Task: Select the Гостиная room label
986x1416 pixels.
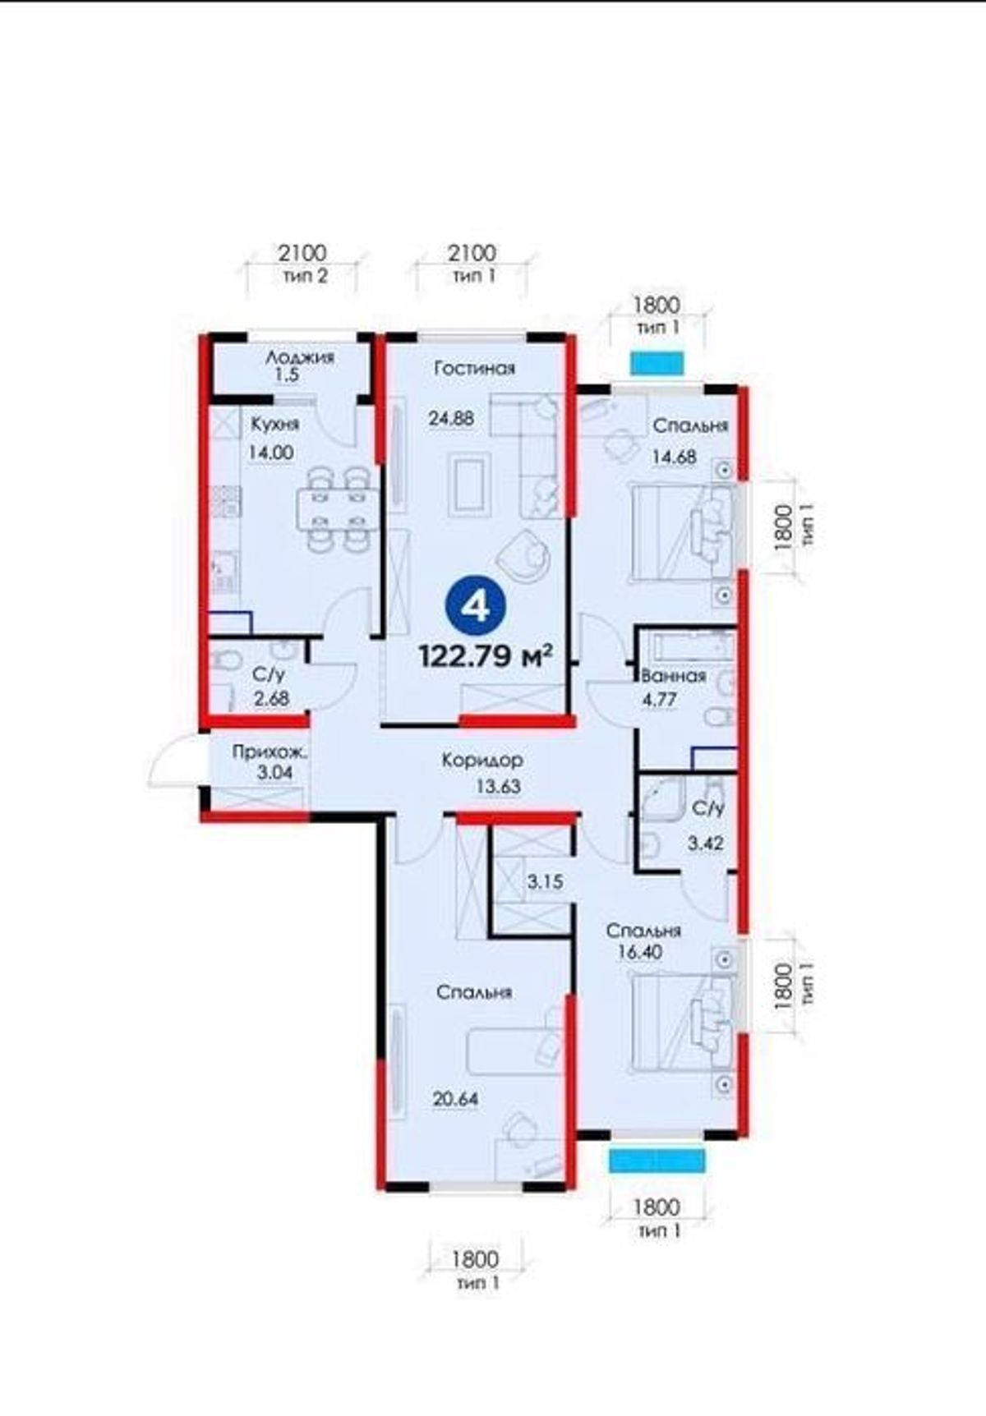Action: click(x=475, y=369)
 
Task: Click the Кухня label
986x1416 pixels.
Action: click(x=275, y=425)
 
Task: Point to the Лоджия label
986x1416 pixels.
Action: click(x=300, y=357)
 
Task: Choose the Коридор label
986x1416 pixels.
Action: click(x=482, y=761)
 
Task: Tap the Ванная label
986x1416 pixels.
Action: click(x=674, y=676)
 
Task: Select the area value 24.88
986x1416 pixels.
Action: click(x=451, y=418)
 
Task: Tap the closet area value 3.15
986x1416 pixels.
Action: click(x=545, y=882)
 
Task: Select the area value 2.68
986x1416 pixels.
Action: click(x=270, y=699)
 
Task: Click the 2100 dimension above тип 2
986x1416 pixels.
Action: click(x=302, y=252)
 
